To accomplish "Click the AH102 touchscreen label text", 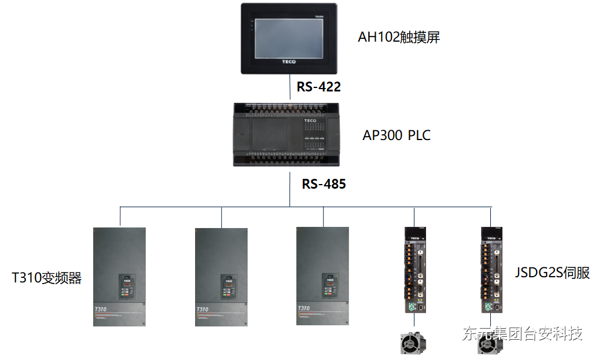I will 399,38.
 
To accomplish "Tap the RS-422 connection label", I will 318,87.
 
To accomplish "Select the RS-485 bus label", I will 324,184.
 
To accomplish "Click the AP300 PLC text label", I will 397,135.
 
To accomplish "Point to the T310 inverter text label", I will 47,278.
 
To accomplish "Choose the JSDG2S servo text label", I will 552,273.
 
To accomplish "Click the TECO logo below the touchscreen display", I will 288,61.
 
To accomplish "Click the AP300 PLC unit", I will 288,134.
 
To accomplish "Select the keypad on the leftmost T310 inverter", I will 127,285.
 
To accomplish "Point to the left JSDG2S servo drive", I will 415,270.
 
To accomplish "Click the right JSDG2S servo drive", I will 491,270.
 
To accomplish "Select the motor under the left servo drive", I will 414,342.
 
